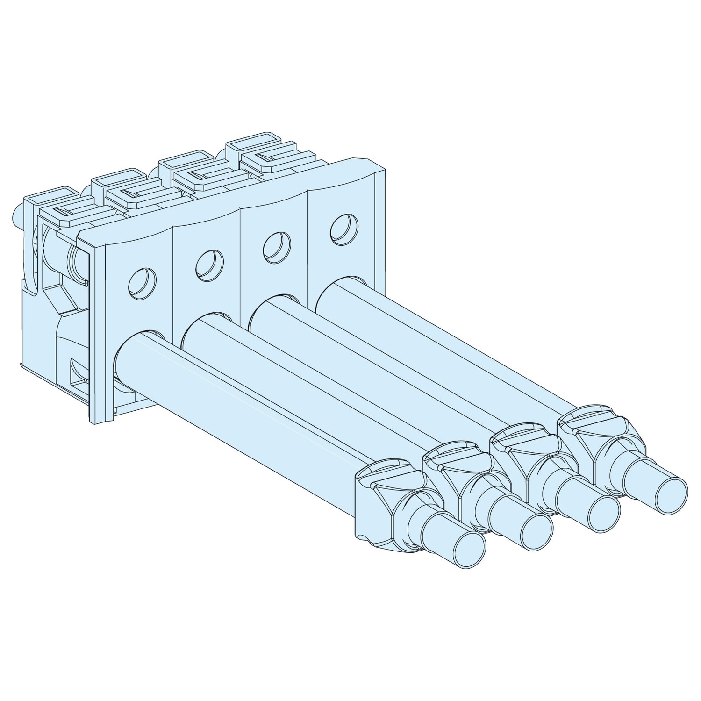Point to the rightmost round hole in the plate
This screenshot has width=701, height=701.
(344, 227)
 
